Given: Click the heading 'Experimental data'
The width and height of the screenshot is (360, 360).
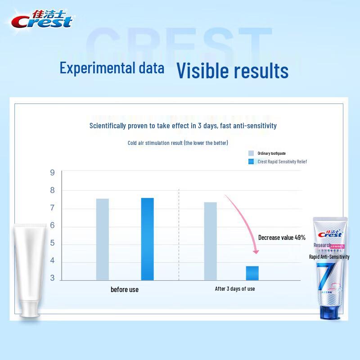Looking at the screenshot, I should [112, 68].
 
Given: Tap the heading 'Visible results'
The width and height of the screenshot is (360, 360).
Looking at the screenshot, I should [232, 70].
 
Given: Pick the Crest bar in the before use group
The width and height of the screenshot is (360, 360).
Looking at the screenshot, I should [147, 239].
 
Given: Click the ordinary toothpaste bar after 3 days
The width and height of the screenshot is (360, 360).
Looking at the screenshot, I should [210, 241].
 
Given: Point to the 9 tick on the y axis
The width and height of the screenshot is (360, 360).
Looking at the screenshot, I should [52, 173].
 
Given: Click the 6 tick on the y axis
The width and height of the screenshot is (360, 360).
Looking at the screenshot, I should [52, 225].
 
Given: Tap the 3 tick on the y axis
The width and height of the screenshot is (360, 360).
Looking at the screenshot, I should [52, 278].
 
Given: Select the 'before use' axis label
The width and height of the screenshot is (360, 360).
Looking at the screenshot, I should [125, 289].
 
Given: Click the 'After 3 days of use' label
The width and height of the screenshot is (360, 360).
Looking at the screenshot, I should [235, 288].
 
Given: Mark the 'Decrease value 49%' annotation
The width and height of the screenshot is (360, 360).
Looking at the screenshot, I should [282, 237].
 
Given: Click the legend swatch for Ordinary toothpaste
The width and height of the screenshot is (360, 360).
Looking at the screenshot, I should [251, 153].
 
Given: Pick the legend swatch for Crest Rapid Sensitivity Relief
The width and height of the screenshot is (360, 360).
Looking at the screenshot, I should [251, 162].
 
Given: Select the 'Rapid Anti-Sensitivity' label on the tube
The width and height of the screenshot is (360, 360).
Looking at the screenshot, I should [329, 256].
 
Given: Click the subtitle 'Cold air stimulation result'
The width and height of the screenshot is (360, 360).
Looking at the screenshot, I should [178, 143].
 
